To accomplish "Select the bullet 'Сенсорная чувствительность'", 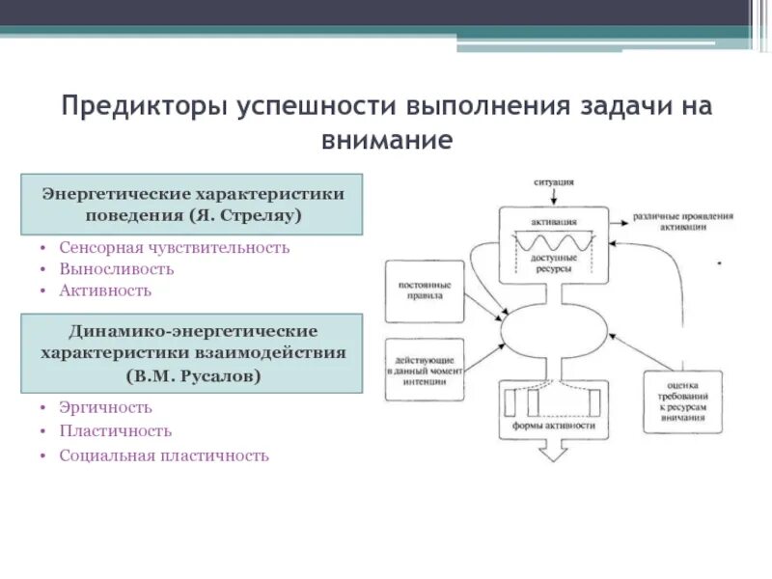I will [x=174, y=247].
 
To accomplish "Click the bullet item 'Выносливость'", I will [x=116, y=268].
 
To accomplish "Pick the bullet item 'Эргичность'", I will [x=105, y=407].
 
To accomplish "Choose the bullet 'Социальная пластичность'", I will [x=163, y=455].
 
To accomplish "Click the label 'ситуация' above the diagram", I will [x=554, y=180].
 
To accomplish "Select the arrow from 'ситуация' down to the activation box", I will [x=554, y=196].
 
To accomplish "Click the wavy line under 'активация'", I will [x=554, y=237].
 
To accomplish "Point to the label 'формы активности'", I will [x=554, y=425].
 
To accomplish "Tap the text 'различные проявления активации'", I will [x=683, y=221].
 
